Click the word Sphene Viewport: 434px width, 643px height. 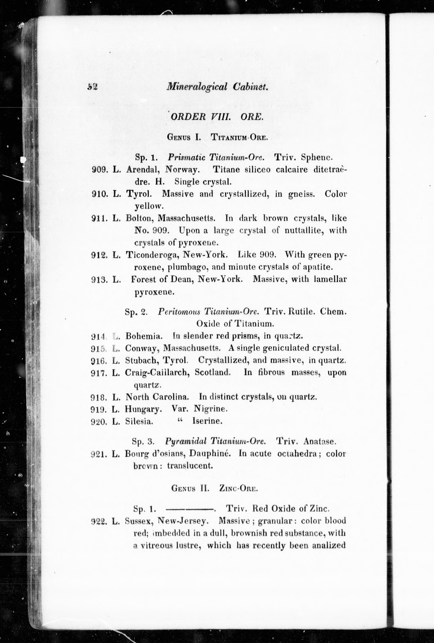click(x=317, y=157)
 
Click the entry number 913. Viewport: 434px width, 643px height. click(x=99, y=280)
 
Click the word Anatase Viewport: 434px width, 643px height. click(x=320, y=441)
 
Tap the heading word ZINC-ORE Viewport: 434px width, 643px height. click(x=238, y=489)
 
